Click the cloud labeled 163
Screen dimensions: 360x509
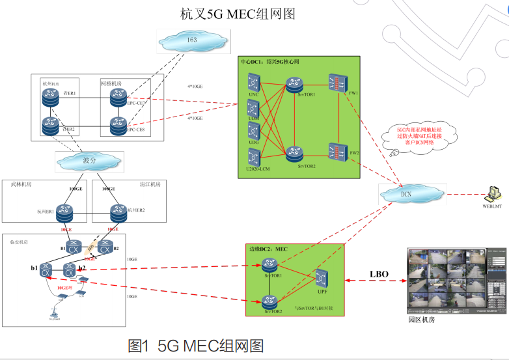pos(192,41)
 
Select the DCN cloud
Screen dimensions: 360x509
pos(406,193)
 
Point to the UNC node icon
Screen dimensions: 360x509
pos(254,83)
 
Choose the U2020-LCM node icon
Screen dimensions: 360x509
pos(254,156)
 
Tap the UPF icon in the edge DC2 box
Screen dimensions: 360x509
pos(321,278)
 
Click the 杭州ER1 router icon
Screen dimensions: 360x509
pos(64,210)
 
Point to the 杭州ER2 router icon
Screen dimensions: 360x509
pos(118,210)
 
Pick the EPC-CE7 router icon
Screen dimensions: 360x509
pos(118,96)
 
